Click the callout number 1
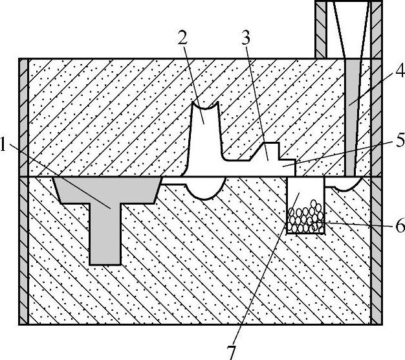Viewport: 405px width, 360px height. click(x=6, y=146)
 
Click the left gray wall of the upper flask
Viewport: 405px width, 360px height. click(x=23, y=117)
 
